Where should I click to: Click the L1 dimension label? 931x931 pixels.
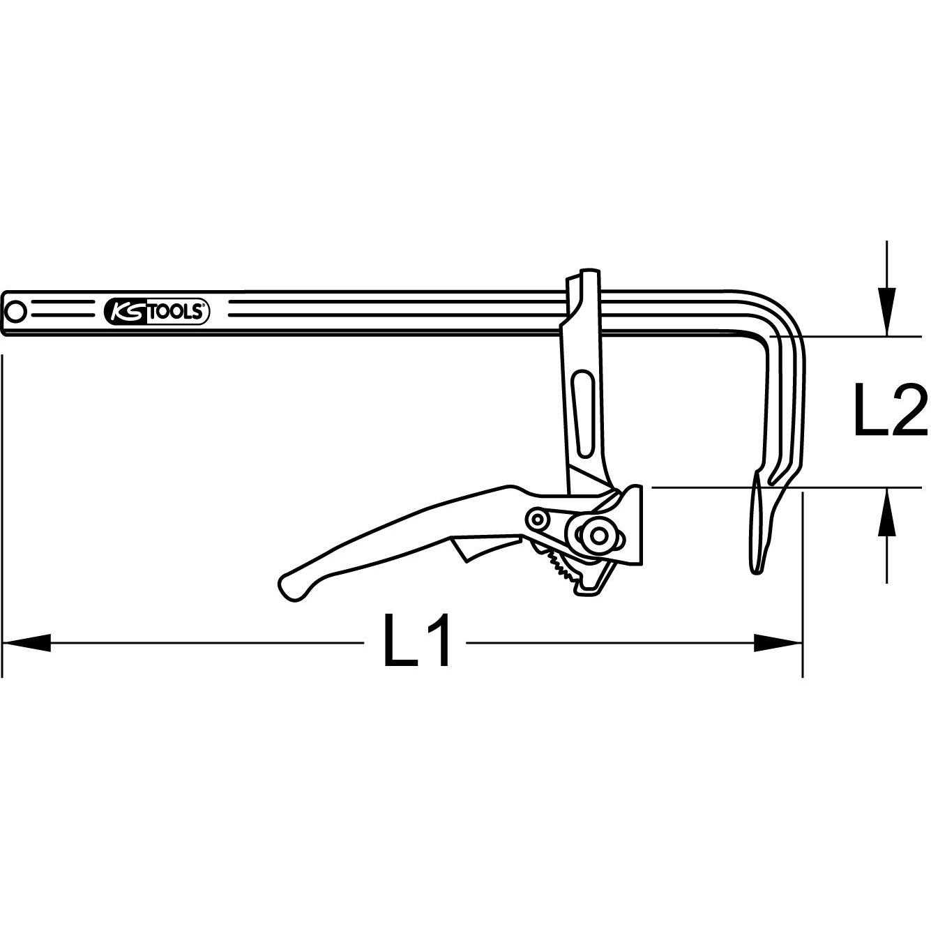point(417,639)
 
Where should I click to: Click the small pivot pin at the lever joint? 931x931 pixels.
point(537,520)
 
